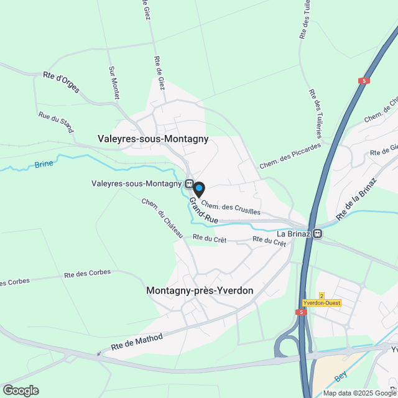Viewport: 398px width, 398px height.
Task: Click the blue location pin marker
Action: (x=198, y=188)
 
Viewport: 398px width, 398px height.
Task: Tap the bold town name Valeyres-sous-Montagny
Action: (x=153, y=139)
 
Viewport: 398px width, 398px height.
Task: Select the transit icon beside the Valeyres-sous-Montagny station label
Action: (x=188, y=183)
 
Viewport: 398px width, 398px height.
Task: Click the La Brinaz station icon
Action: (x=318, y=234)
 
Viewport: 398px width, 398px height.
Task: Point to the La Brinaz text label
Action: (x=294, y=234)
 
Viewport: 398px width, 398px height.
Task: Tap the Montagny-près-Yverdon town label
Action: (x=200, y=290)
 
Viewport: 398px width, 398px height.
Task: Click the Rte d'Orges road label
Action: (x=61, y=82)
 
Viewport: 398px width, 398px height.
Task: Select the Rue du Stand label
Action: (x=56, y=122)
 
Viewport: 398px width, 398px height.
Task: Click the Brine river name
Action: (x=44, y=164)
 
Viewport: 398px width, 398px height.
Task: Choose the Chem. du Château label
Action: (x=162, y=218)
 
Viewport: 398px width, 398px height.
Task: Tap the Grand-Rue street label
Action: (x=203, y=211)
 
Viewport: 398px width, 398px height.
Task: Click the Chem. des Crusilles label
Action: (x=231, y=209)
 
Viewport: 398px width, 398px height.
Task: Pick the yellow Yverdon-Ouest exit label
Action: (x=322, y=303)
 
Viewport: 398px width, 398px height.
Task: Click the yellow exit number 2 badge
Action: (x=322, y=295)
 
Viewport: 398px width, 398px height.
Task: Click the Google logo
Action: (x=21, y=390)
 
